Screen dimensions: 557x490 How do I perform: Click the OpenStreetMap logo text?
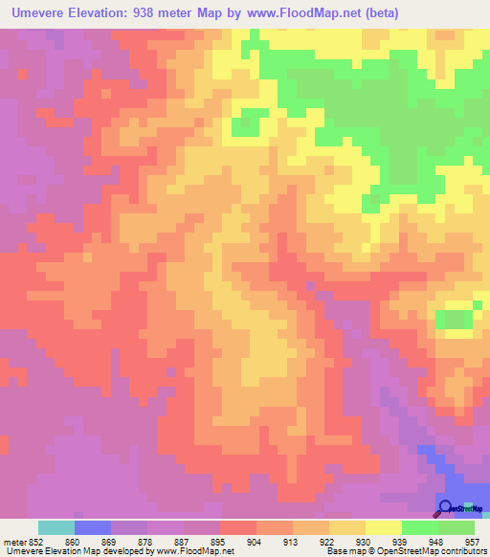[x=468, y=508]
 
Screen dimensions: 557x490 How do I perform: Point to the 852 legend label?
[x=35, y=541]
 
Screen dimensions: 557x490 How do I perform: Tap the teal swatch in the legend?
[x=56, y=527]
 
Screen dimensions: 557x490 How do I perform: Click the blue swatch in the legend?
[x=92, y=527]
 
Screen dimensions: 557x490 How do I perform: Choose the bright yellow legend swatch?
[x=384, y=527]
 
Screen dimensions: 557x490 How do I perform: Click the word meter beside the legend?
[x=12, y=541]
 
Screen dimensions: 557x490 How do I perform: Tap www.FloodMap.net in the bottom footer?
[x=196, y=551]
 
